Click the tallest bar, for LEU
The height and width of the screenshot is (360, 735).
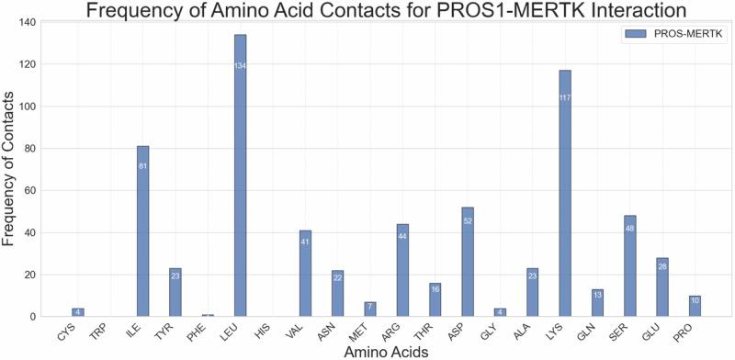(241, 184)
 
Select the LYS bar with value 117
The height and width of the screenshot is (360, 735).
(565, 211)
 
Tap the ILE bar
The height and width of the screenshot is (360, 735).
(143, 239)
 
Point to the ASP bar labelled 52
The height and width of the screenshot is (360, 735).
(468, 266)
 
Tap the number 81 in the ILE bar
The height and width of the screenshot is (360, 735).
(143, 166)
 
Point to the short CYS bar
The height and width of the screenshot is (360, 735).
(78, 312)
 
